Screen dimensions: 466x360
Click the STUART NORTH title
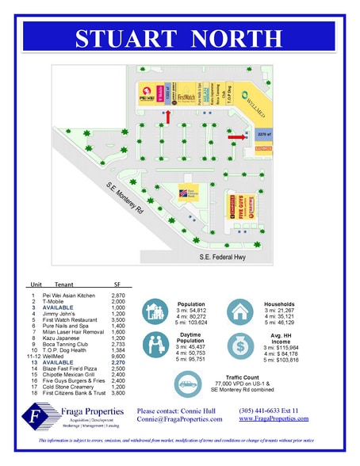click(x=180, y=38)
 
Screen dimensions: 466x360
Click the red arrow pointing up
click(x=167, y=116)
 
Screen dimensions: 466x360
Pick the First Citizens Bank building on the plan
click(x=193, y=190)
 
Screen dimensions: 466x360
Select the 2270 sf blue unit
click(x=264, y=136)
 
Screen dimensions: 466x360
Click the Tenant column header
click(x=63, y=284)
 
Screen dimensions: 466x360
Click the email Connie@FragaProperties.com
click(x=177, y=420)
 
